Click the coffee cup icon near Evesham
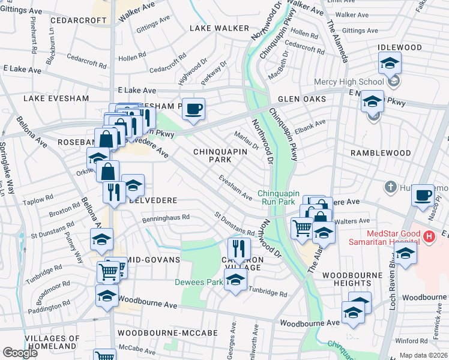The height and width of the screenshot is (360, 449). coord(193,109)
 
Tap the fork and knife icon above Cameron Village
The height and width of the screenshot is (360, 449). coord(239,247)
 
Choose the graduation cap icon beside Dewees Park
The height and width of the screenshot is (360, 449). coord(235,279)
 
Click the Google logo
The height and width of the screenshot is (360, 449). coord(20,353)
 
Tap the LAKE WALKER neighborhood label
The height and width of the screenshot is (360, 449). coord(219,28)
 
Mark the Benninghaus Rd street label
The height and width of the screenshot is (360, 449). coord(166,218)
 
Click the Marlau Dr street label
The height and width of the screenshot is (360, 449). coord(246,141)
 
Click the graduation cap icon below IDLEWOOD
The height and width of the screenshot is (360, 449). coord(389,62)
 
